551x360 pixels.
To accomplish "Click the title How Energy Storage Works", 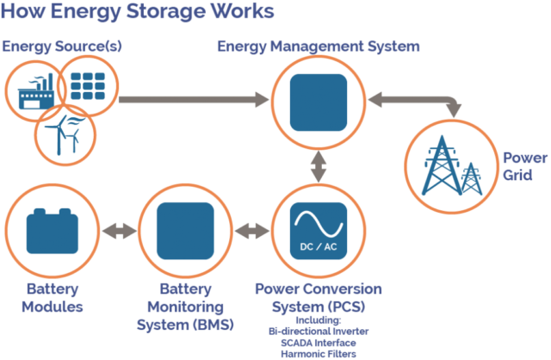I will point(138,12).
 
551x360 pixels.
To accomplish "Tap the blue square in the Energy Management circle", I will point(319,102).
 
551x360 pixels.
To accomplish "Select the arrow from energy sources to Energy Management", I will point(194,101).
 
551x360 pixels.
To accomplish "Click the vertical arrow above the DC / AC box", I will point(319,164).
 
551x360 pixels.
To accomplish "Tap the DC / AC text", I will point(318,248).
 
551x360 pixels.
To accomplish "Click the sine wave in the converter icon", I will point(319,224).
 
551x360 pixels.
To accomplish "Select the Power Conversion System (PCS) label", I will point(319,297).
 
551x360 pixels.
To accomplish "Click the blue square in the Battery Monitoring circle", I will point(184,231).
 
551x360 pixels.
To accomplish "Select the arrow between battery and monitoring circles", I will point(118,231).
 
